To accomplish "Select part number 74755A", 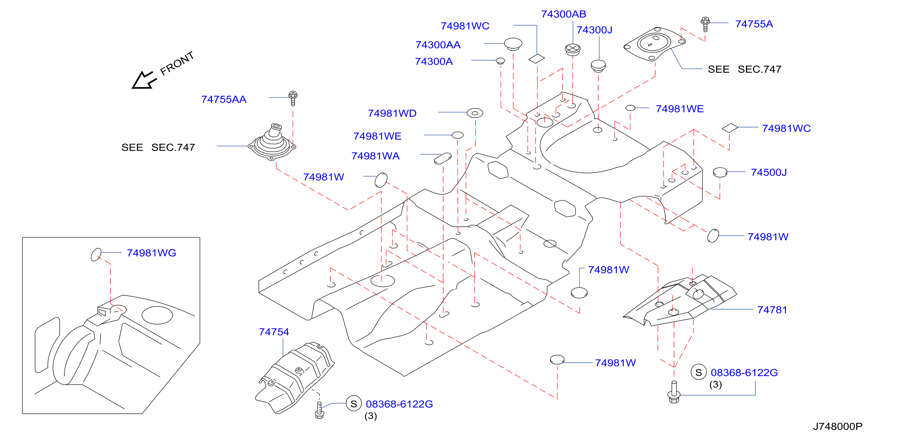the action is tap(754, 24).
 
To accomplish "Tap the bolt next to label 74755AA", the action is tap(293, 98).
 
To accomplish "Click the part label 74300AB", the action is tap(563, 14).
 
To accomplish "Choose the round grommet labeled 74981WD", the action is tap(475, 113).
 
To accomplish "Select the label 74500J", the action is tap(769, 172).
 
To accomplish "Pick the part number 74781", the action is tap(772, 310).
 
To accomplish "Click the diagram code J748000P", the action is tap(837, 426).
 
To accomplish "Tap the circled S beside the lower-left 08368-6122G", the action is tap(354, 404).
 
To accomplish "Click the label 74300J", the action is tap(594, 30).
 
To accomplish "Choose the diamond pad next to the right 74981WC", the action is tap(730, 128).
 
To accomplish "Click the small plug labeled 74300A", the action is tap(500, 61).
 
